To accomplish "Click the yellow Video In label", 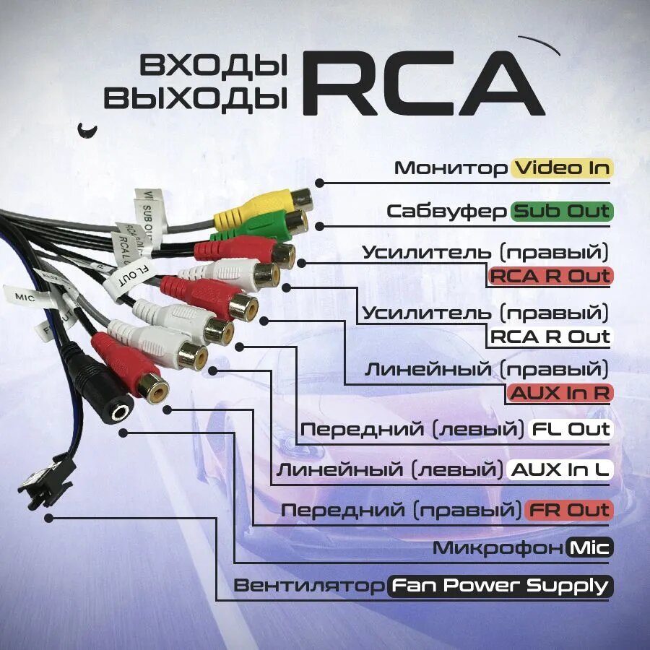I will tap(562, 168).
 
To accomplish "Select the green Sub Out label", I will tap(562, 211).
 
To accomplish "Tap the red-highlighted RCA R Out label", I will tap(550, 275).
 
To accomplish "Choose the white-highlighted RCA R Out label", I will tap(550, 336).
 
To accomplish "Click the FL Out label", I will tap(571, 429).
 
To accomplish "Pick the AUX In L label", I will tap(560, 469).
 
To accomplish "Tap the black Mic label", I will tap(590, 547).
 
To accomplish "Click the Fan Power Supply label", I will tap(501, 586).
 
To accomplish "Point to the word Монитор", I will tap(451, 168).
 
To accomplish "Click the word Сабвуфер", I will tap(447, 211).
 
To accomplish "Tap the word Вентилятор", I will tap(309, 586).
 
